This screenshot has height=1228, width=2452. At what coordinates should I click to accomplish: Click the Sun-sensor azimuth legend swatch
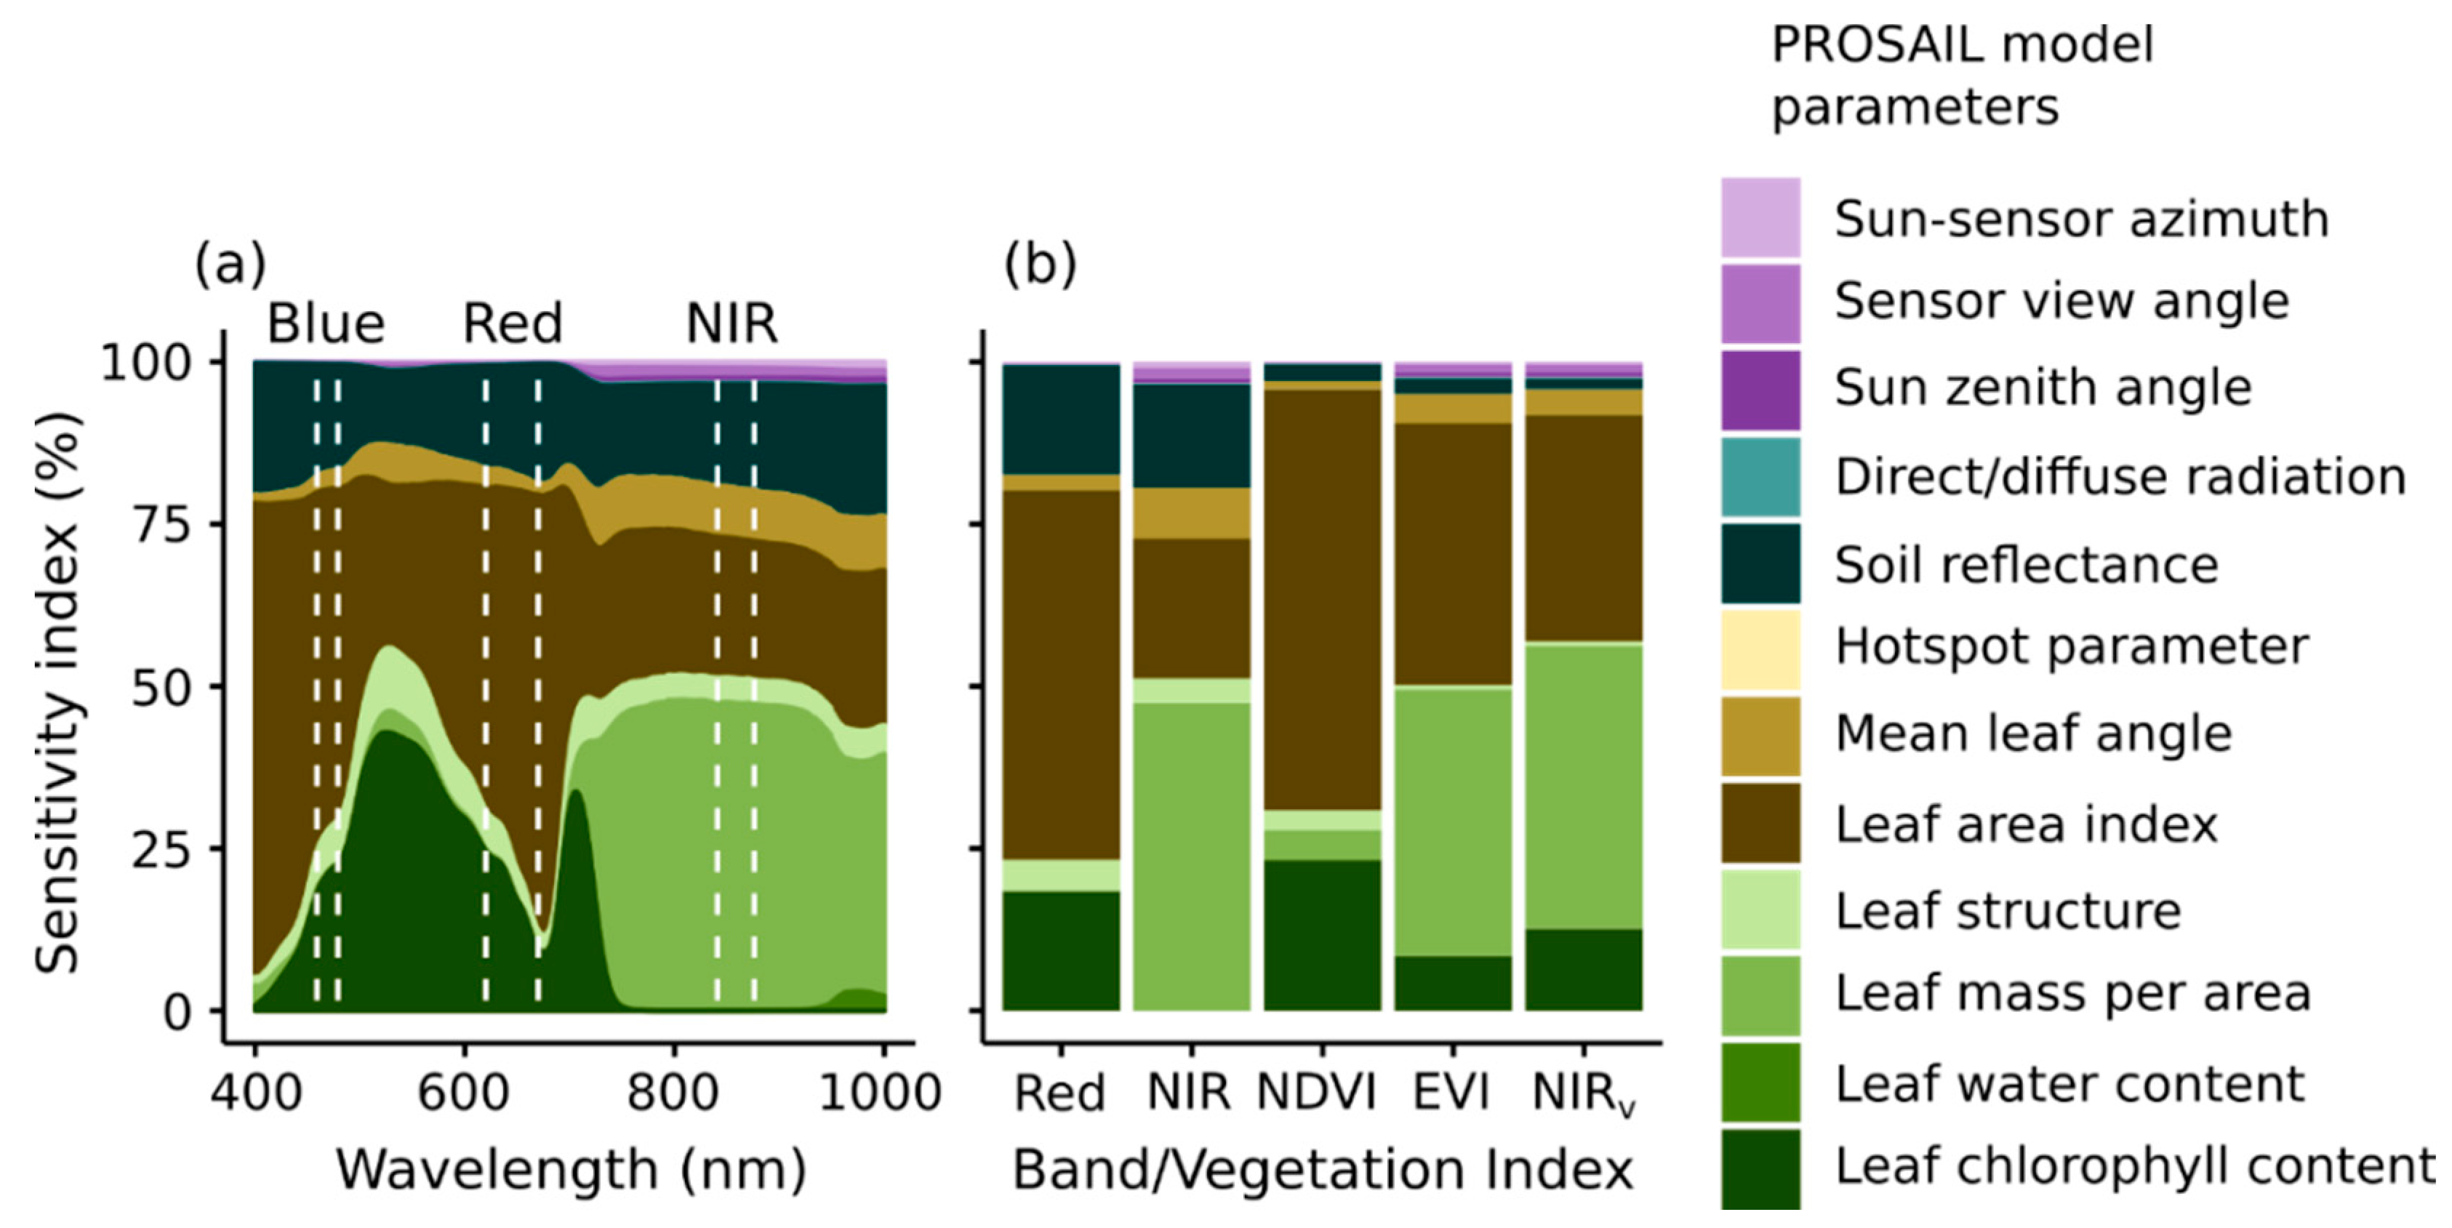[1760, 217]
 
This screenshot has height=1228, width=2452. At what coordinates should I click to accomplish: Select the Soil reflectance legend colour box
[1760, 563]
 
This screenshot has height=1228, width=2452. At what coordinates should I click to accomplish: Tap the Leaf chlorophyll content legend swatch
[1760, 1168]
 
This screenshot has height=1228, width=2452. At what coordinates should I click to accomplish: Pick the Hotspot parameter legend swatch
[1760, 649]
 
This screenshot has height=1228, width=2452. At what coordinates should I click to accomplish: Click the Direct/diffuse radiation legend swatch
[1760, 476]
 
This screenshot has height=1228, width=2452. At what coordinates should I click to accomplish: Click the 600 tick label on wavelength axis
[463, 1092]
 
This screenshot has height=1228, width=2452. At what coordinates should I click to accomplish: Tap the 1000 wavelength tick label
[880, 1092]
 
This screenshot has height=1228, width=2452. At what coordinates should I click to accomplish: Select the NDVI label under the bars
[1318, 1092]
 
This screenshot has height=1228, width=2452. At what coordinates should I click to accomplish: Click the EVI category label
[1451, 1092]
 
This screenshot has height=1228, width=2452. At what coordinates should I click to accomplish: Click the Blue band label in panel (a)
[326, 324]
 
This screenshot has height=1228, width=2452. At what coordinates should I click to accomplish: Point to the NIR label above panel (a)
[731, 324]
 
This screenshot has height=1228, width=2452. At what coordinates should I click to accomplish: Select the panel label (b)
[1041, 264]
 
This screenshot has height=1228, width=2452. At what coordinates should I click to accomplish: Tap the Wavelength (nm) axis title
[571, 1169]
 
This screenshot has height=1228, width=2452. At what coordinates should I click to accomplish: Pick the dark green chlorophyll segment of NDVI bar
[1322, 935]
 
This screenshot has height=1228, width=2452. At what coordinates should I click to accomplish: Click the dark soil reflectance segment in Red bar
[1062, 419]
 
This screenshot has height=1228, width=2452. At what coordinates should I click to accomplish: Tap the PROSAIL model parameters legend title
[1961, 74]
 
